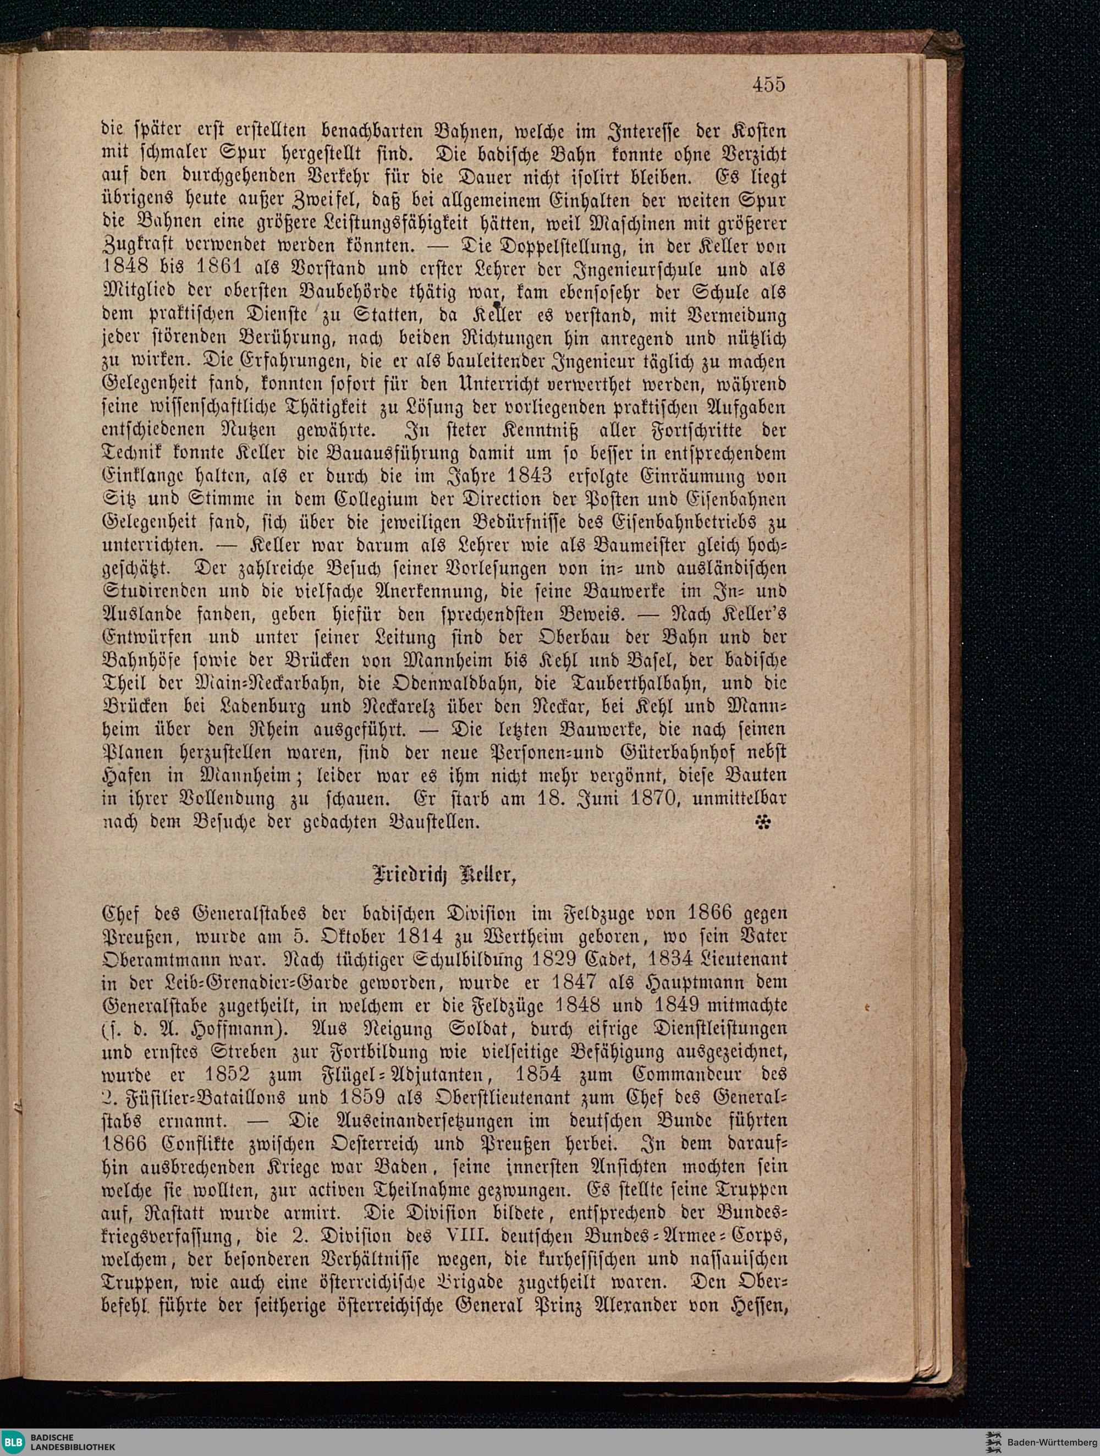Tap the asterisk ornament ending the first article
coord(763,822)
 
